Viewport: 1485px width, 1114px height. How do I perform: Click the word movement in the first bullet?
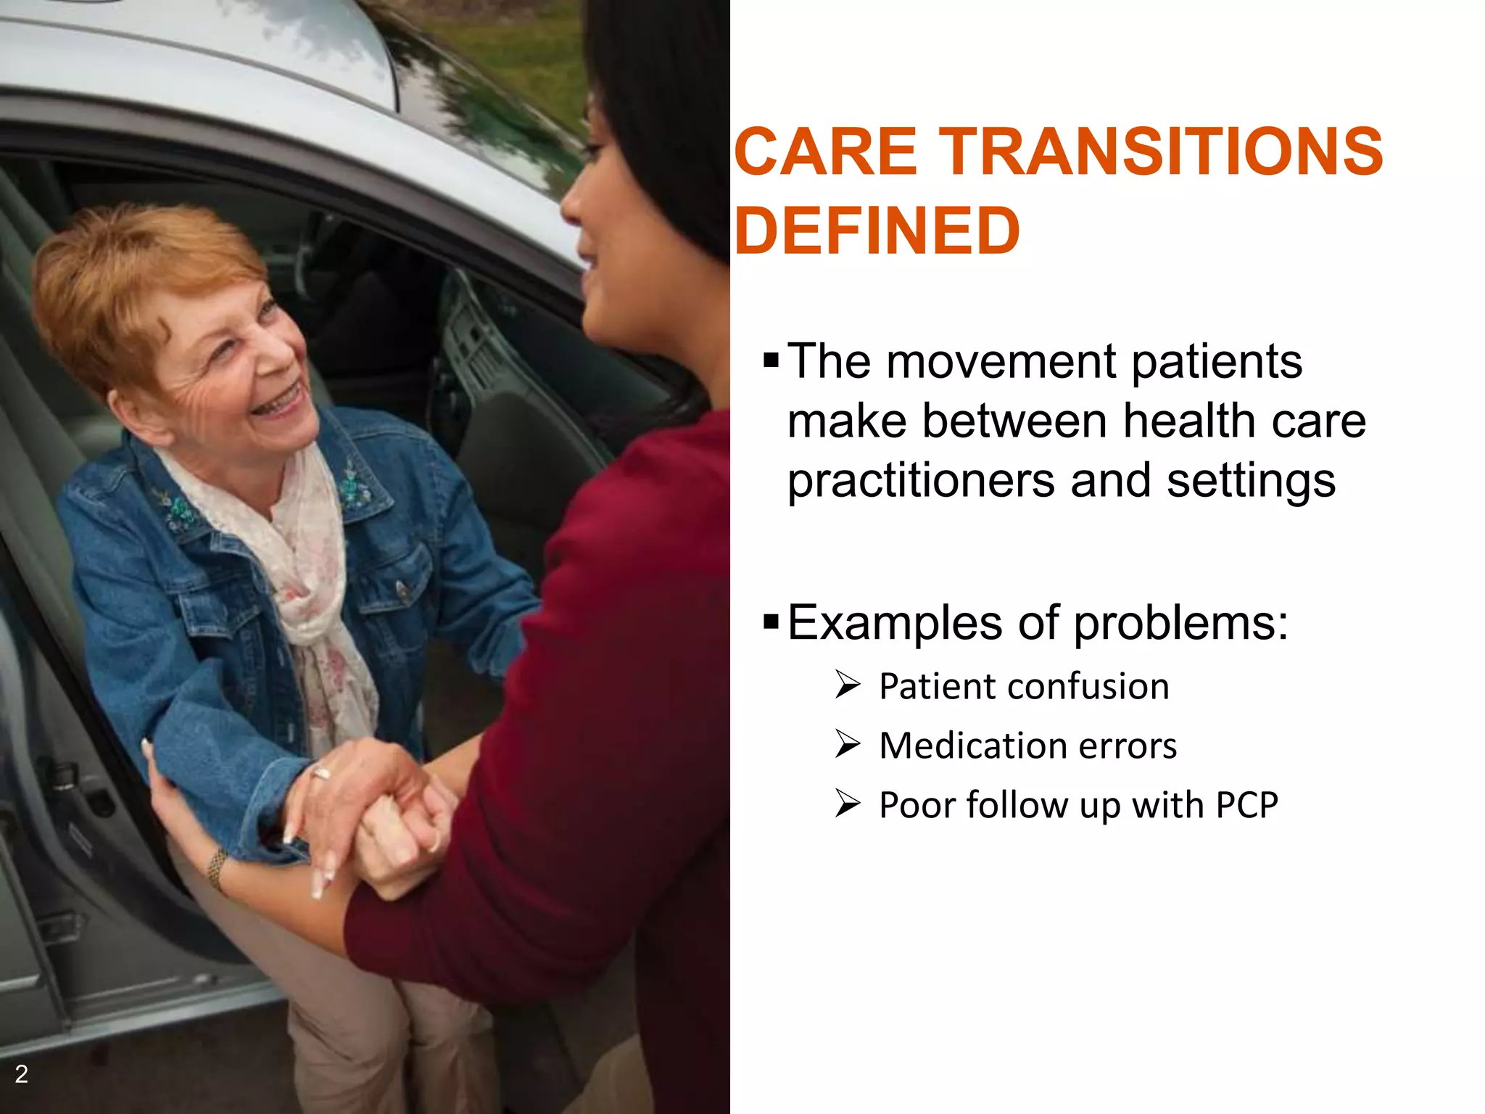(x=1001, y=361)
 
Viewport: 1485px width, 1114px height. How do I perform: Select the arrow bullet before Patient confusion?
(x=847, y=685)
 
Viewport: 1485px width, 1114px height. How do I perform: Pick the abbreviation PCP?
(x=1246, y=805)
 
